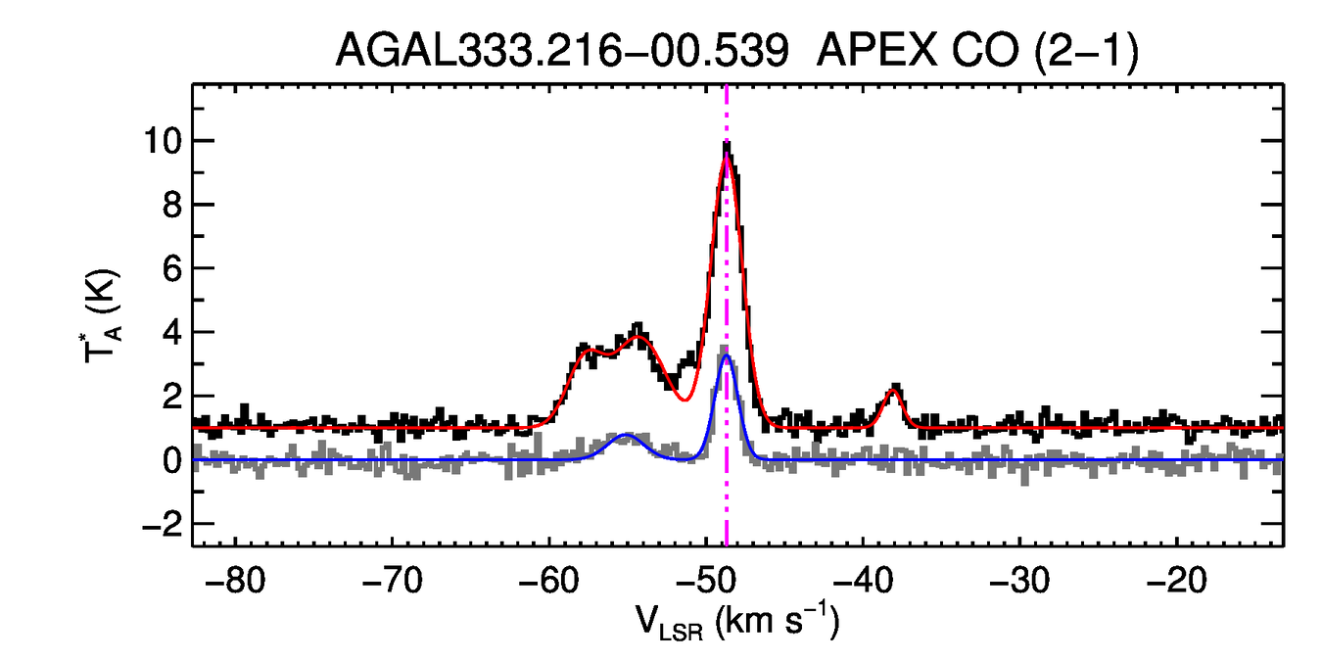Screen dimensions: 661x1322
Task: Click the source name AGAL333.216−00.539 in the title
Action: pos(562,50)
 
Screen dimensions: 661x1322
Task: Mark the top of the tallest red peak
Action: pos(727,158)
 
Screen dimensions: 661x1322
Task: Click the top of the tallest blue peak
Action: pos(727,355)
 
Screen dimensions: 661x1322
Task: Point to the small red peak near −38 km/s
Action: pos(893,391)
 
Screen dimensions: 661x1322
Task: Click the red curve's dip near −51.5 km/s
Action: pos(684,399)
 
